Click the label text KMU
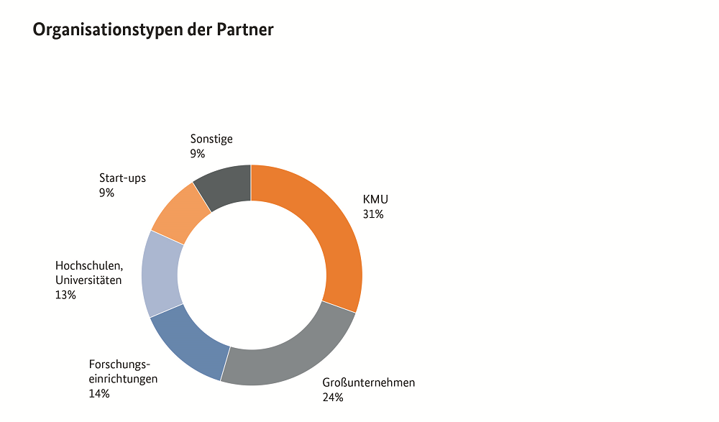[375, 199]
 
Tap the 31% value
[374, 214]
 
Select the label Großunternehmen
[369, 382]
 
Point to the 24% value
[333, 398]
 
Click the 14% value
[99, 393]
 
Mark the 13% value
[65, 295]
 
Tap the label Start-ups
[122, 178]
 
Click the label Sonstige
[211, 139]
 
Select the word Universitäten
[88, 280]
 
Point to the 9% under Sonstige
[198, 154]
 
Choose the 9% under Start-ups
[106, 193]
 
